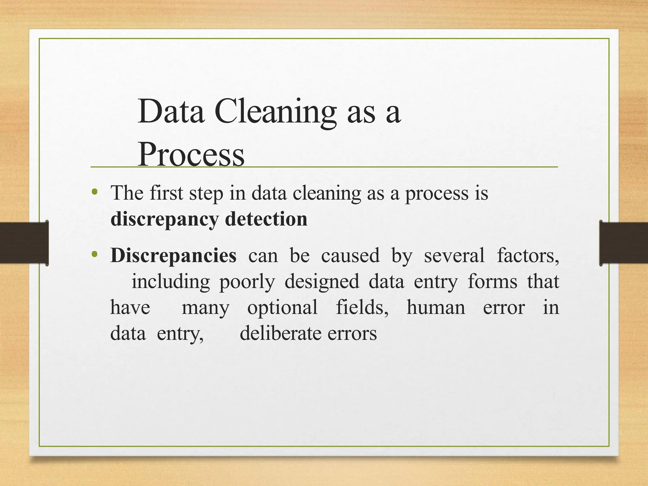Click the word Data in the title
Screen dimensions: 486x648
pos(171,112)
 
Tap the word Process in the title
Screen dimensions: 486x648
pos(191,155)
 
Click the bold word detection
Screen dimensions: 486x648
pos(266,219)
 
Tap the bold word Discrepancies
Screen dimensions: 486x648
pos(173,256)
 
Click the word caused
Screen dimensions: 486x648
pos(350,256)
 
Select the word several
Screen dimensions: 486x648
pos(454,256)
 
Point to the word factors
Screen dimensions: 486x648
pos(528,256)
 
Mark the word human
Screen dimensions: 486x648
pos(436,308)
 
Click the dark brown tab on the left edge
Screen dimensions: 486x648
pos(24,243)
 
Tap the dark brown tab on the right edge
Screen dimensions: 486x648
pos(624,243)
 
